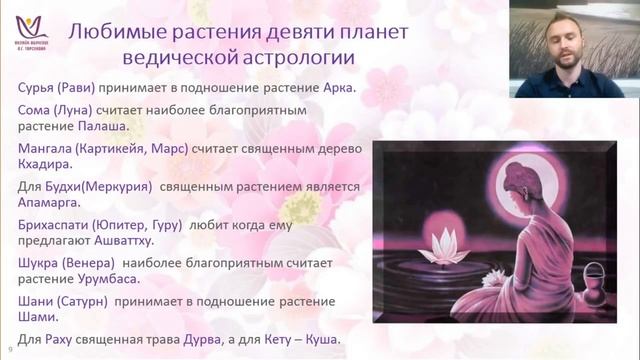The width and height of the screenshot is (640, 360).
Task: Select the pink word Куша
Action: click(317, 340)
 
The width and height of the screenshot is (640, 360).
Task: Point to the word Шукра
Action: click(41, 263)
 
